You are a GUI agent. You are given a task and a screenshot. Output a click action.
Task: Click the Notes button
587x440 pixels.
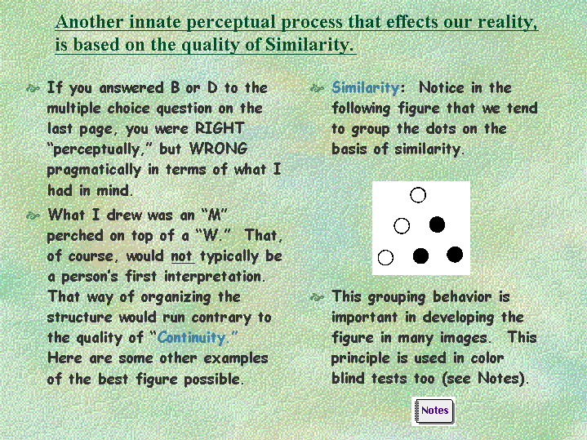434,411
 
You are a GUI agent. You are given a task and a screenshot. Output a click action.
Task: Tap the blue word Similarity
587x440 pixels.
366,88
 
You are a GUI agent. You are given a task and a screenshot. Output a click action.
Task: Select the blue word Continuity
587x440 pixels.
191,337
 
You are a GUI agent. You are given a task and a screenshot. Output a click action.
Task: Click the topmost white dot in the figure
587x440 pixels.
418,195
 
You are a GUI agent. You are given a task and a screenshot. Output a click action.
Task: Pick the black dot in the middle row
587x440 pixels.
437,224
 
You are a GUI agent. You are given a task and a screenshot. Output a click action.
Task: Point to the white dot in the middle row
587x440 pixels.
402,226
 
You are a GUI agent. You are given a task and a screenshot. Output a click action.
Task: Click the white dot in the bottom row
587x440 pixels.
385,258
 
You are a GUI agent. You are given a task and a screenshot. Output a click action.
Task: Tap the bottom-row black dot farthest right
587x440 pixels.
455,255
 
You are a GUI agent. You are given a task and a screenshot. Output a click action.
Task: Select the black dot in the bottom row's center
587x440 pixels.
420,256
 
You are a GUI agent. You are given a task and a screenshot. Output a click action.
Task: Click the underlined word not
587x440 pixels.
183,256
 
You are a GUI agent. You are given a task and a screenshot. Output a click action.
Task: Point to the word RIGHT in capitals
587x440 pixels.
220,128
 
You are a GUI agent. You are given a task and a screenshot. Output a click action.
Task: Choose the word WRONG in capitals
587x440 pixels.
218,149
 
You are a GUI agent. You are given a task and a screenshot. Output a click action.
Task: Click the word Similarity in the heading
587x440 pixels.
309,45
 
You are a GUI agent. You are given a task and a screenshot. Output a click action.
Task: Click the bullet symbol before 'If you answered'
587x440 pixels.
33,88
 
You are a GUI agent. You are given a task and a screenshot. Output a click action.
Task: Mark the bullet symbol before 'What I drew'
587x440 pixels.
33,216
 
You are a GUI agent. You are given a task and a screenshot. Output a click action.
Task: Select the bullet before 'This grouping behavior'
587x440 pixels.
317,298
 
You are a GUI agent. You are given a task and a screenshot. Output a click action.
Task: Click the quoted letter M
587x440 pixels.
214,215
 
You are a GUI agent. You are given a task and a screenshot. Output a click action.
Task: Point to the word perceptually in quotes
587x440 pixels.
96,149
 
